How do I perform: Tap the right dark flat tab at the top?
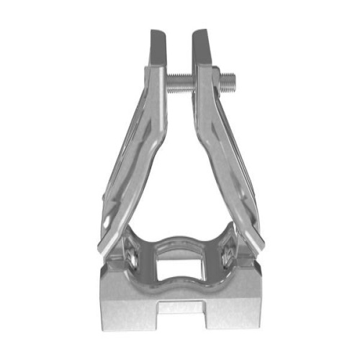[203, 49]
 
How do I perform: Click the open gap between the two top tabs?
[181, 47]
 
